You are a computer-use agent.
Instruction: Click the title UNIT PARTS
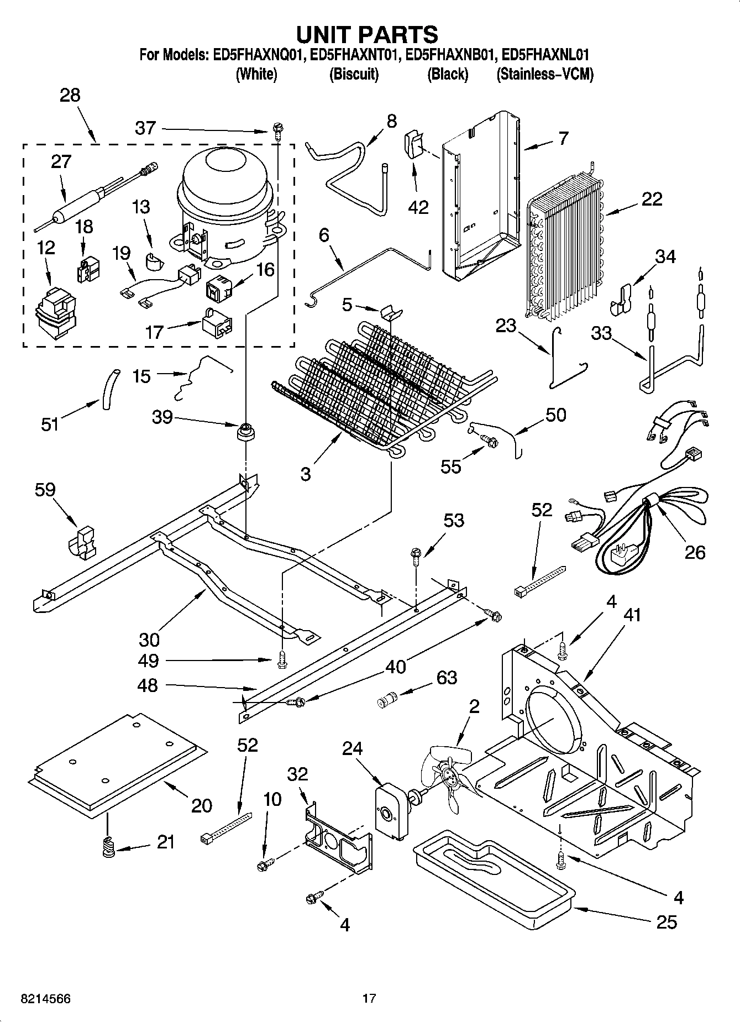[367, 35]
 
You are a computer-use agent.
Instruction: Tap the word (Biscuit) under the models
[354, 74]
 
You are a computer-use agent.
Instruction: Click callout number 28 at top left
[70, 95]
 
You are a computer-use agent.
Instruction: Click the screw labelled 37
[278, 132]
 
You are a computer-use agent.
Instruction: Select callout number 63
[447, 677]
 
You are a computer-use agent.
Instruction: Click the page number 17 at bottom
[369, 998]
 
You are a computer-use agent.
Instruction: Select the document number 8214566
[46, 999]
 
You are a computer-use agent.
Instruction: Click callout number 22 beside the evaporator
[652, 199]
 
